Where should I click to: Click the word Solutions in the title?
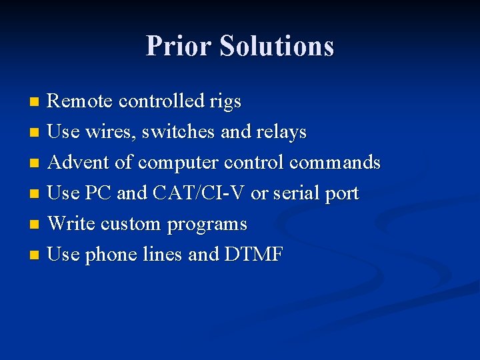pos(277,46)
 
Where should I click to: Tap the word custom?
pos(131,224)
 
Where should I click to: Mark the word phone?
pos(111,255)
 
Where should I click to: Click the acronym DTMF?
pos(254,254)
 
